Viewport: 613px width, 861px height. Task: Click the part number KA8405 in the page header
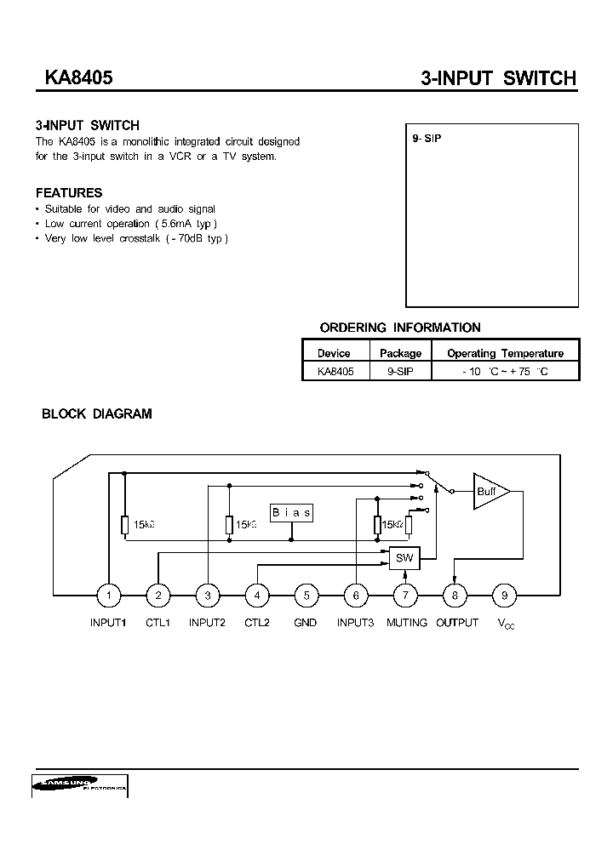click(x=73, y=77)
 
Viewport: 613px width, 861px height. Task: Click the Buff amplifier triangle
click(x=490, y=491)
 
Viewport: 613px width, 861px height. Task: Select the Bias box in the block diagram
click(x=291, y=512)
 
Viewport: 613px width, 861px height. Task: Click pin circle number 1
click(x=108, y=596)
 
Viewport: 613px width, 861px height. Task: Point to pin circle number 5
click(x=306, y=596)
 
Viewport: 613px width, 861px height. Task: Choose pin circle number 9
click(x=505, y=596)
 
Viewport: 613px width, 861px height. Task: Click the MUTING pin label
click(x=406, y=623)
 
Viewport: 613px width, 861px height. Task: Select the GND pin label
click(x=306, y=623)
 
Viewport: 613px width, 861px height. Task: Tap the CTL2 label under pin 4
click(x=256, y=623)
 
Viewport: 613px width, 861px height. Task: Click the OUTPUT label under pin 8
click(x=457, y=623)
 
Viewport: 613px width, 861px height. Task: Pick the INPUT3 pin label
click(x=355, y=623)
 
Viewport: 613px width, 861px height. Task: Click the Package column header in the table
click(x=400, y=353)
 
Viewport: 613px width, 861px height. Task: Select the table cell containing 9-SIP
click(x=400, y=372)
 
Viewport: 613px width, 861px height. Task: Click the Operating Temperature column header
click(x=505, y=353)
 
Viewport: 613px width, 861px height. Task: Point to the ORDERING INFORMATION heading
click(x=399, y=328)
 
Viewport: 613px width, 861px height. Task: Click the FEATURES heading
click(x=69, y=193)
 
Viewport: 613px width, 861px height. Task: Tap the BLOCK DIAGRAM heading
click(x=97, y=414)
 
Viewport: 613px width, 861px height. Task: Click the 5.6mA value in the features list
click(x=188, y=224)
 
